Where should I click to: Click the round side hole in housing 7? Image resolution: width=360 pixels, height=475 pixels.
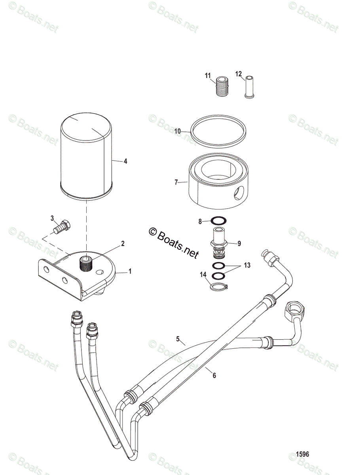(x=240, y=194)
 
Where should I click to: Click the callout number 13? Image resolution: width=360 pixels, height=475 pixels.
(x=247, y=265)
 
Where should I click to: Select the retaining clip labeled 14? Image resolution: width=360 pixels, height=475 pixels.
(x=218, y=287)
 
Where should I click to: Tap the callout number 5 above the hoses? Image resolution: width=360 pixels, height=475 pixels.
(x=178, y=339)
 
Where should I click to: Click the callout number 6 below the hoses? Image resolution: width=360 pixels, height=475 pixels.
(x=214, y=375)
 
